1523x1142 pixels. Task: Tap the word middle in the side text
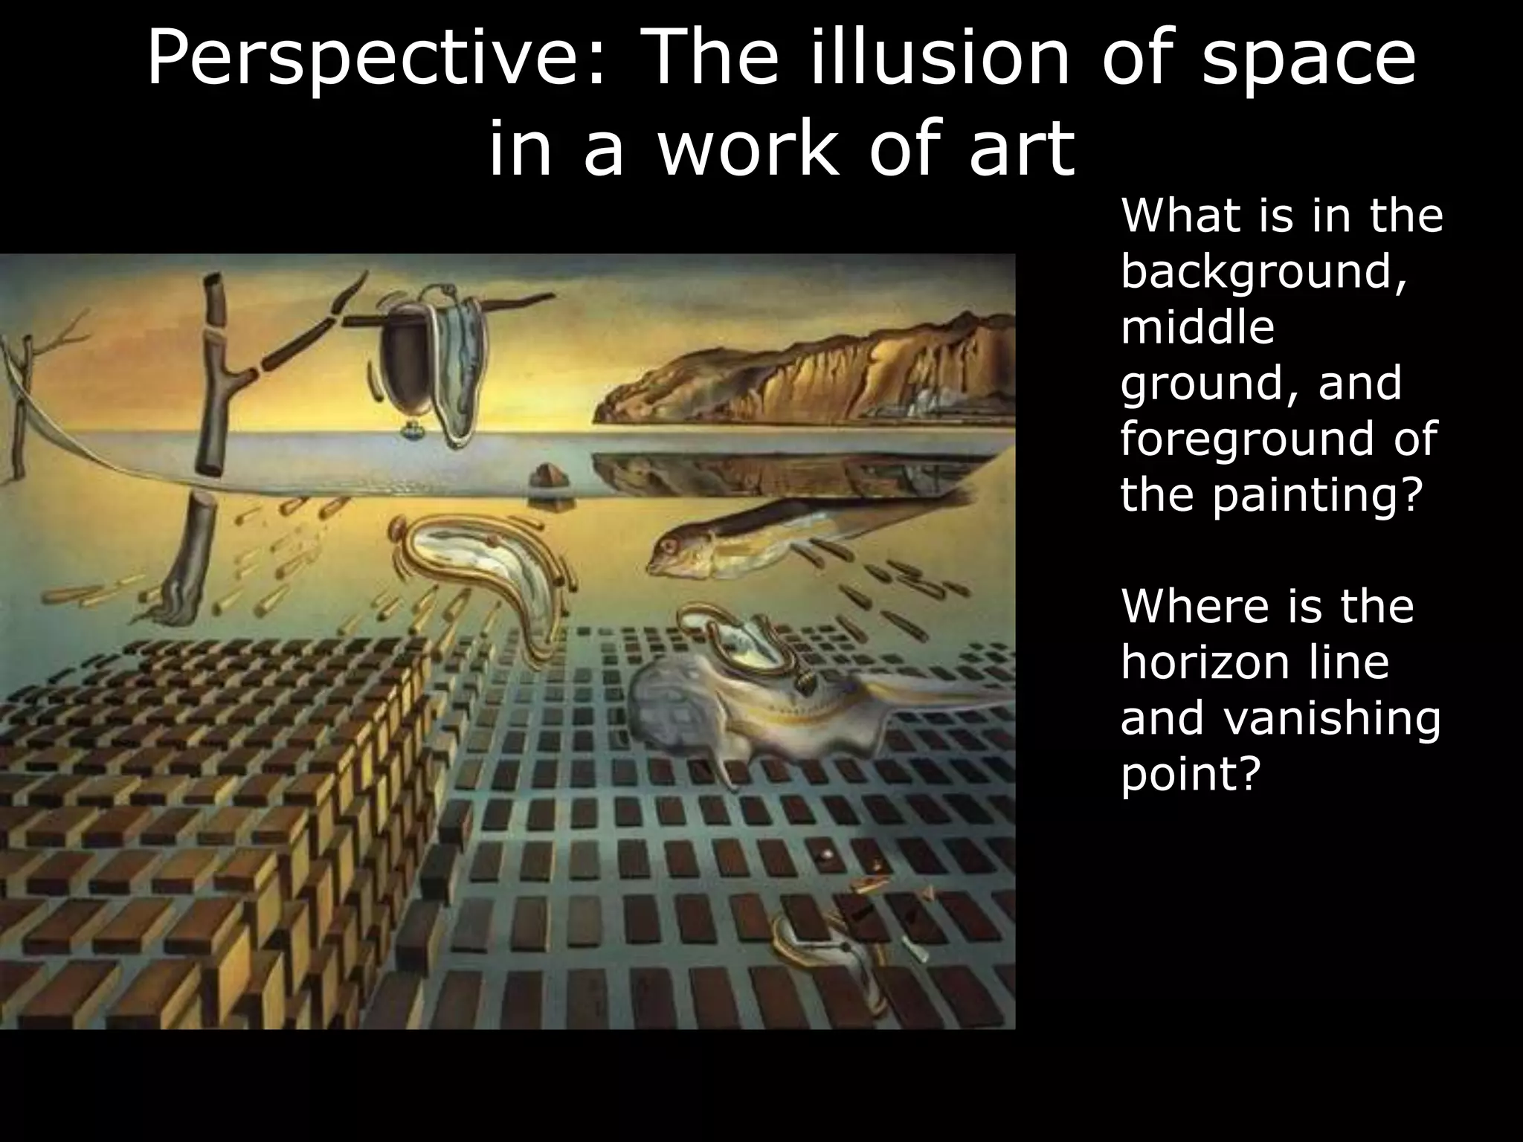click(1197, 328)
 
